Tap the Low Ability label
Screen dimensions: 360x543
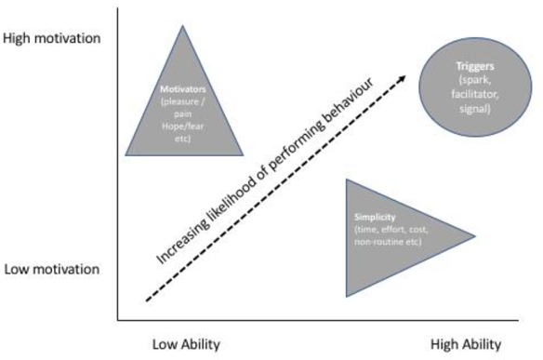coord(186,343)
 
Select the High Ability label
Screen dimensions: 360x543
coord(470,343)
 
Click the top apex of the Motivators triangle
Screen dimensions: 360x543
coord(181,23)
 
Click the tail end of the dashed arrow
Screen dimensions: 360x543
coord(148,300)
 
